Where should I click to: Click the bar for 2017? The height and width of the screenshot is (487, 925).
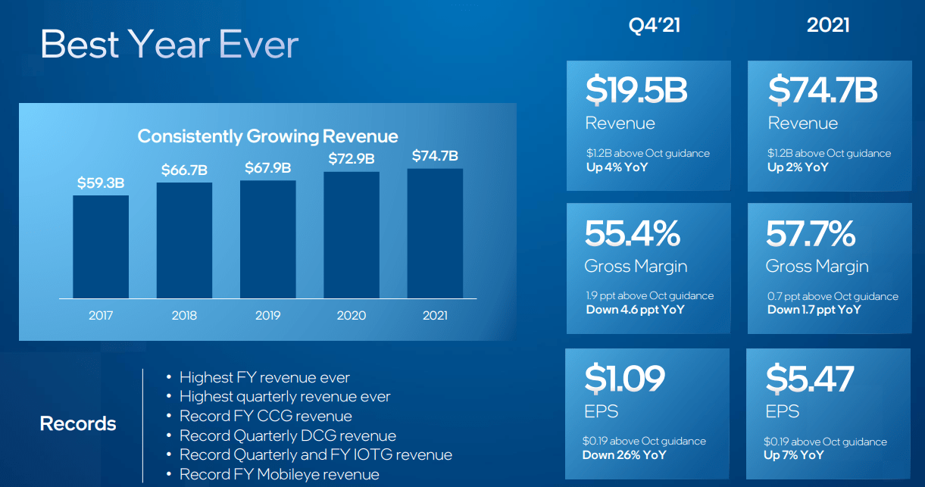tap(101, 246)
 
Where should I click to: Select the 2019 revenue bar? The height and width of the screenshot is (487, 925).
tap(268, 239)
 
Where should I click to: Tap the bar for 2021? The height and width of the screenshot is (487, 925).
tap(435, 233)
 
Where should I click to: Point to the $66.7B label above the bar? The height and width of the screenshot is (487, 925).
tap(184, 170)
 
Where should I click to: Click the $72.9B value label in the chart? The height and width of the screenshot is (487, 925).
tap(352, 159)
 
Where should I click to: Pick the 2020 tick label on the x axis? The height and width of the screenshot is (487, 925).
tap(352, 315)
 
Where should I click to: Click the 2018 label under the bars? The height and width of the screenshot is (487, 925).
tap(184, 315)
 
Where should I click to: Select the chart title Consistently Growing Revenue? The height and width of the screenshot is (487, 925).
tap(267, 136)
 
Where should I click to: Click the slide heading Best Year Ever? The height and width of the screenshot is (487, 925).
tap(170, 45)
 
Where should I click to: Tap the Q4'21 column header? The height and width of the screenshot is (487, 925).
tap(655, 26)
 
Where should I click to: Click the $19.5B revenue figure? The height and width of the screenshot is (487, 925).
tap(636, 90)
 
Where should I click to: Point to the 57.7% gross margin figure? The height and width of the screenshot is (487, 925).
tap(811, 234)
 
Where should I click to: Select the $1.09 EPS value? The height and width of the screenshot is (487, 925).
tap(625, 378)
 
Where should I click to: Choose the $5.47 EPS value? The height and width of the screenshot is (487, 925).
tap(810, 378)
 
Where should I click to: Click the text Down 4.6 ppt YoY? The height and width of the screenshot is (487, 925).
tap(635, 310)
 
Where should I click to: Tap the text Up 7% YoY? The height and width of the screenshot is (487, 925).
tap(794, 455)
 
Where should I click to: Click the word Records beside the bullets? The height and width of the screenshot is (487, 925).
tap(78, 423)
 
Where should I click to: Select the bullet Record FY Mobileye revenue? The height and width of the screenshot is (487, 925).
tap(279, 475)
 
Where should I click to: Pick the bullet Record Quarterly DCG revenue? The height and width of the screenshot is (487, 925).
tap(287, 435)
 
